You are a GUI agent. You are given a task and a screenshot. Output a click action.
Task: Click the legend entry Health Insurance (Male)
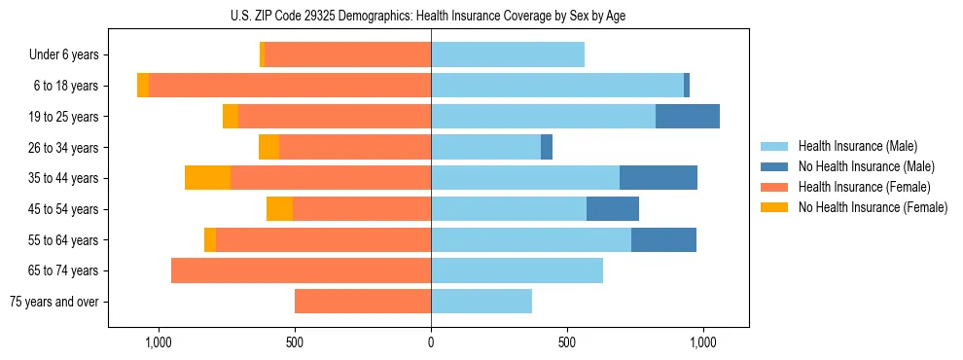[857, 146]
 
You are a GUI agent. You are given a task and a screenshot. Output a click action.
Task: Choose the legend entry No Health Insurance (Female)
[873, 207]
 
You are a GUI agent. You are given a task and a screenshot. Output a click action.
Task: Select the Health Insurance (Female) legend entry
[864, 187]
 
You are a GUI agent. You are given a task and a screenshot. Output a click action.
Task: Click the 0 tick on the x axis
[431, 342]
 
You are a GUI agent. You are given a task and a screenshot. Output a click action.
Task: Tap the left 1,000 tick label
[158, 342]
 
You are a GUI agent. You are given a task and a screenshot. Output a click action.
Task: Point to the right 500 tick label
[567, 342]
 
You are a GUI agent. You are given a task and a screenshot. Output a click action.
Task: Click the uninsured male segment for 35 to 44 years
[659, 178]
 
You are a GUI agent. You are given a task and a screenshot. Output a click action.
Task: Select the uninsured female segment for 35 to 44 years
[207, 178]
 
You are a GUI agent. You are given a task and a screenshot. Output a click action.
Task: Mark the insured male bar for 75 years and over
[481, 302]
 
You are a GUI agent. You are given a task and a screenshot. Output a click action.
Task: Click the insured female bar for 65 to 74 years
[301, 270]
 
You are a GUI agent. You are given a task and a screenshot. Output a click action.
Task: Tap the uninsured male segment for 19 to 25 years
[688, 117]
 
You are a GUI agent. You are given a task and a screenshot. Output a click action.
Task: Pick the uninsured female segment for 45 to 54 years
[279, 209]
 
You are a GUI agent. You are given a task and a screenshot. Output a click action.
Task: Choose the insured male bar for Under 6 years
[508, 55]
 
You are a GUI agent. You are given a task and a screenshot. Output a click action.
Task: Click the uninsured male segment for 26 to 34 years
[547, 148]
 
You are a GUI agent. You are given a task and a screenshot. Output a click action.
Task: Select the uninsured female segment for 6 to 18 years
[143, 86]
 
